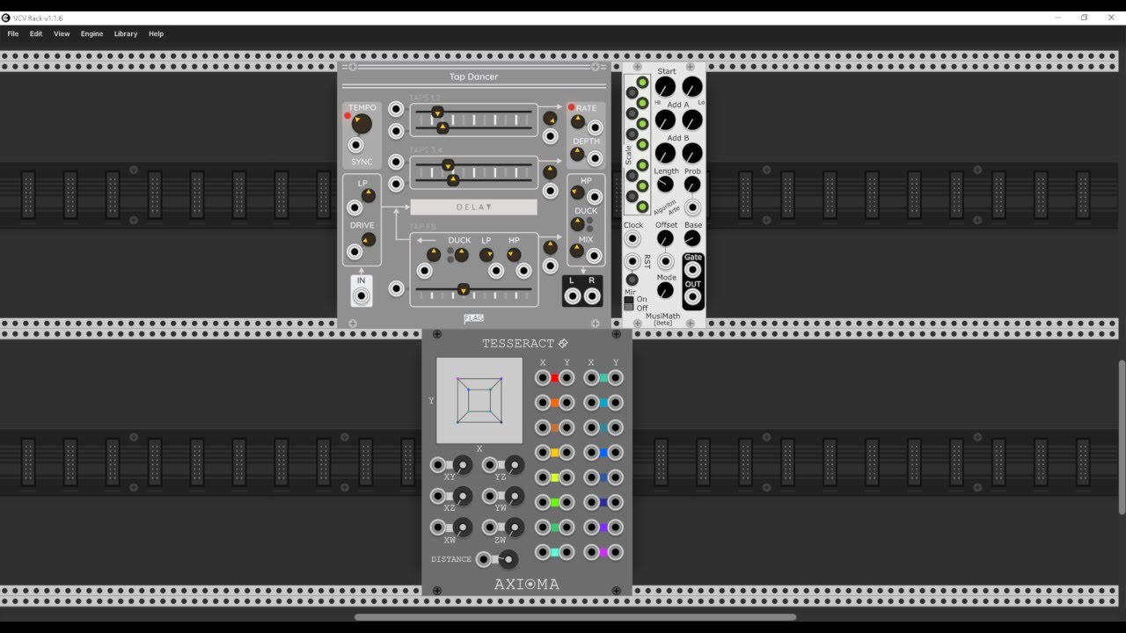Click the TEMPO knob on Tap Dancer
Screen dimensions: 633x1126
(362, 124)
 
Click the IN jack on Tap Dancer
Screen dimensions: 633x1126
(362, 296)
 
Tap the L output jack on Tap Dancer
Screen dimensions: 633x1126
(573, 296)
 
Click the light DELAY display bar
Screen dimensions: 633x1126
(473, 207)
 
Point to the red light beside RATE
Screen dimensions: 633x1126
(571, 107)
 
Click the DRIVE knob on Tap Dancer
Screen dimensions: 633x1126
(369, 239)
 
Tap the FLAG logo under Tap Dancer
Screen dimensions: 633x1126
(474, 318)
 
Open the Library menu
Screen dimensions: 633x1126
(126, 33)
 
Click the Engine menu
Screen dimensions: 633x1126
(91, 33)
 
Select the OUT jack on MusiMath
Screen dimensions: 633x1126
(693, 298)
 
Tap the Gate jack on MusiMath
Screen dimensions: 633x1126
(693, 270)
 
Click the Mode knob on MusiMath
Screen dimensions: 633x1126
(666, 291)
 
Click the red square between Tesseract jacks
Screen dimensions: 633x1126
(554, 378)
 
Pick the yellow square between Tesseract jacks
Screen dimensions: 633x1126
(554, 453)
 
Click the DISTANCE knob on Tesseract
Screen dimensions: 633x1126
(508, 559)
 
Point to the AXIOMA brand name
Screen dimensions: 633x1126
(526, 584)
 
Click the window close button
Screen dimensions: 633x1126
(1111, 18)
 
